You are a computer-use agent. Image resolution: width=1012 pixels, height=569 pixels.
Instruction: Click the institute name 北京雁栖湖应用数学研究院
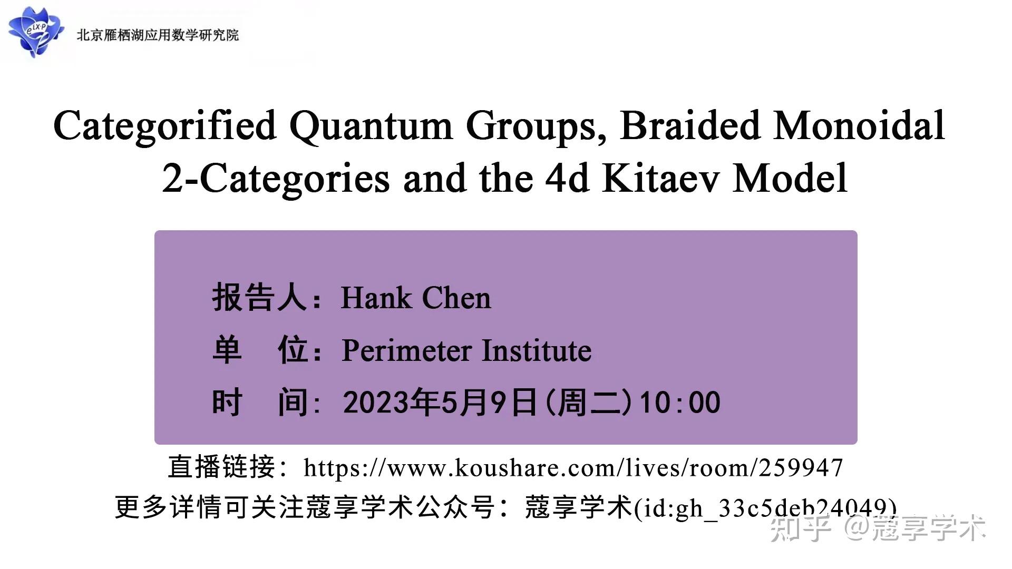point(158,35)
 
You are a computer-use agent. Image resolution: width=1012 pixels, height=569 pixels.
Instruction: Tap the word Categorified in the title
point(165,126)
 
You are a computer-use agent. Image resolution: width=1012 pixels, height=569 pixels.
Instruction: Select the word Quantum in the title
point(371,126)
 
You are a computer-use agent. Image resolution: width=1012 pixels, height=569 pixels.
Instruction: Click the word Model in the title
point(790,178)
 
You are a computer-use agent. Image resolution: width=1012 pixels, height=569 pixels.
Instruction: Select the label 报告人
point(260,298)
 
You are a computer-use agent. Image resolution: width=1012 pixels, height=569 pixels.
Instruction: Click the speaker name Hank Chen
point(416,298)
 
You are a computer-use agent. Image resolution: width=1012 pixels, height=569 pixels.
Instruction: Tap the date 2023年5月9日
point(439,403)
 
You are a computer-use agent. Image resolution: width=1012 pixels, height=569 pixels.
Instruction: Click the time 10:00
point(679,403)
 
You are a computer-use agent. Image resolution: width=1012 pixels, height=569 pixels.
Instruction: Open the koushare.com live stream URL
point(573,467)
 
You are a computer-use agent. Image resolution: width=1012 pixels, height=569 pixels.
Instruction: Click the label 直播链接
point(222,467)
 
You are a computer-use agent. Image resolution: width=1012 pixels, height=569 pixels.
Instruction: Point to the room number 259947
point(801,467)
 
